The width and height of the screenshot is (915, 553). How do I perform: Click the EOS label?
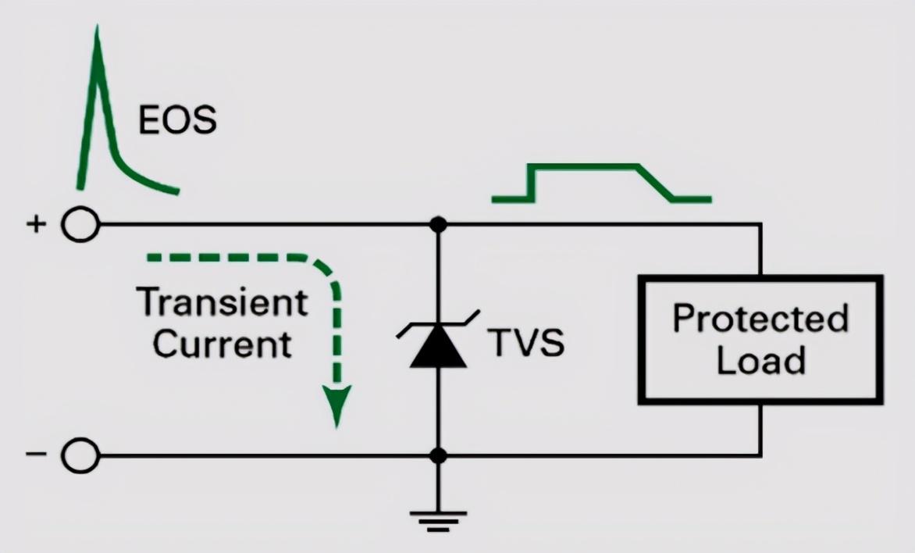click(177, 120)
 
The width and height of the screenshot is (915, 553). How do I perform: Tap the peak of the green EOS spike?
click(98, 27)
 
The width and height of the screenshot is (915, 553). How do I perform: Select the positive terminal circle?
click(80, 224)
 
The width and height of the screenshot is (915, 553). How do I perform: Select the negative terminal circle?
click(80, 455)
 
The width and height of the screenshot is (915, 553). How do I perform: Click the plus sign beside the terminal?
click(36, 223)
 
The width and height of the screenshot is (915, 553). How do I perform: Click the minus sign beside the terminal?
click(36, 453)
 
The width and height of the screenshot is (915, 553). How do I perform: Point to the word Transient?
click(223, 302)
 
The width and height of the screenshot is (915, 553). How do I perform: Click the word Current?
click(223, 344)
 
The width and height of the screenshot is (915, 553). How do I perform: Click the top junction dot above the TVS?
click(438, 224)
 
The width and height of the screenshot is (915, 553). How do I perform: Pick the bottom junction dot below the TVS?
click(438, 455)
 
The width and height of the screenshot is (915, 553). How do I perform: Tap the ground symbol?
click(438, 521)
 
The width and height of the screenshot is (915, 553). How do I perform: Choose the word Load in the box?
click(760, 360)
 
